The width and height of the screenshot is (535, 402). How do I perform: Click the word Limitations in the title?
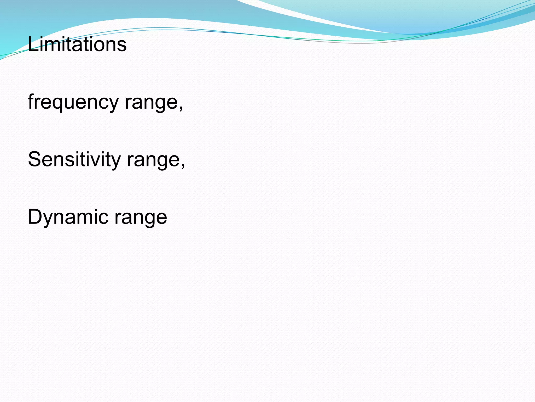[77, 44]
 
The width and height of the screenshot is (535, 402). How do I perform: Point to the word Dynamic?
[68, 217]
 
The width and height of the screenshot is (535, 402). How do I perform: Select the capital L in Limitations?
[32, 44]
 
